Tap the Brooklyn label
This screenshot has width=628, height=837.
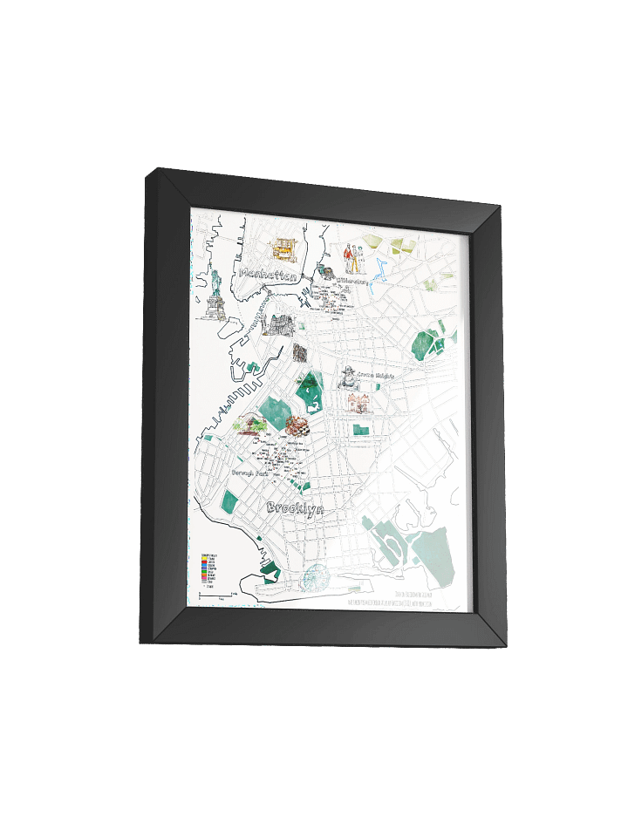coord(295,508)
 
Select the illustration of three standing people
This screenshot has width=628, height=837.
coord(353,258)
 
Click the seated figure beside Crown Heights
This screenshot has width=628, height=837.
coord(347,379)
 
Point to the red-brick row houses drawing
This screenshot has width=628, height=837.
coord(359,402)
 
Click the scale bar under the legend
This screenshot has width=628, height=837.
coord(215,595)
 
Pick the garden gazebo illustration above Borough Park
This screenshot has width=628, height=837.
coord(253,425)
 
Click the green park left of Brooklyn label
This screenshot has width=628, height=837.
coord(231,501)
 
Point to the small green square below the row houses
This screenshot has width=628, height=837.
coord(360,429)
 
